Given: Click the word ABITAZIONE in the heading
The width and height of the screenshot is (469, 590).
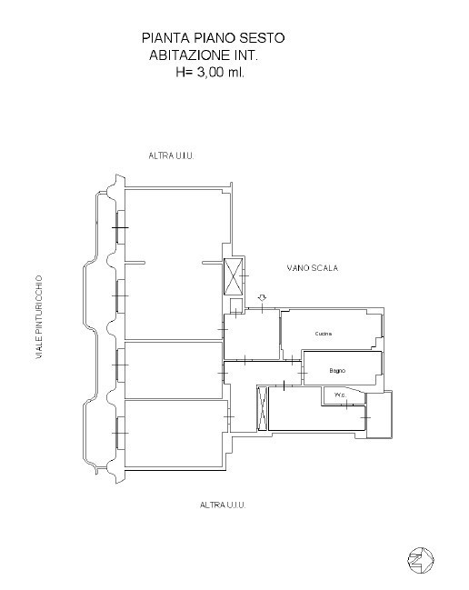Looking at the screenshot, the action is [190, 55].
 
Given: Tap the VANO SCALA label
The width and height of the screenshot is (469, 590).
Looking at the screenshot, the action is [312, 268].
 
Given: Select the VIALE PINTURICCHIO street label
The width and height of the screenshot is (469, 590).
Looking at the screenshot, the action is [39, 317].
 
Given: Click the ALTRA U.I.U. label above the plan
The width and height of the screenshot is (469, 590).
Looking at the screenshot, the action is [171, 155].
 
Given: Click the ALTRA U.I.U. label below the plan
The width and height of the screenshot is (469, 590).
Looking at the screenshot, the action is [223, 505].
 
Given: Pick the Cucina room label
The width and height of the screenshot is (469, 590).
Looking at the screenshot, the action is [324, 334].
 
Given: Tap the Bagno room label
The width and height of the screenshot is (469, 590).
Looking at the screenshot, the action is [337, 371].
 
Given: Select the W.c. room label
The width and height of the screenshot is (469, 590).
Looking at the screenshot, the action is [340, 395].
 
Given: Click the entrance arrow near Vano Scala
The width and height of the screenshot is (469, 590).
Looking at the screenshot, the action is [262, 298].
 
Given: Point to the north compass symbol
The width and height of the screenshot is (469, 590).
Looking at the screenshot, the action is [421, 560].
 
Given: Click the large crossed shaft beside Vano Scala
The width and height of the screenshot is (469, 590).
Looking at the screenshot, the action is [234, 276].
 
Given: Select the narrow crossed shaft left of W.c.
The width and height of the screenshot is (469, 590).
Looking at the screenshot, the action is [262, 408].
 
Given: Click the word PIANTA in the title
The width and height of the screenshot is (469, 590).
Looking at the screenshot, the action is [165, 37].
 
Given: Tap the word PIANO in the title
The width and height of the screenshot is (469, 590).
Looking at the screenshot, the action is [215, 37].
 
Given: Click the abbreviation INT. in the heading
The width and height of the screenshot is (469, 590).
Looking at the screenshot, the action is [246, 55].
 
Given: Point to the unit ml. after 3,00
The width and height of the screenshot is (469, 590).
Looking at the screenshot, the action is [235, 72].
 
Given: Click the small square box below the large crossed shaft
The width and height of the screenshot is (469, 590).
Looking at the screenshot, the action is [235, 305].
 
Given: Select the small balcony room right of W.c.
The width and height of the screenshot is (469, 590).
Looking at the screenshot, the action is [379, 415].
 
